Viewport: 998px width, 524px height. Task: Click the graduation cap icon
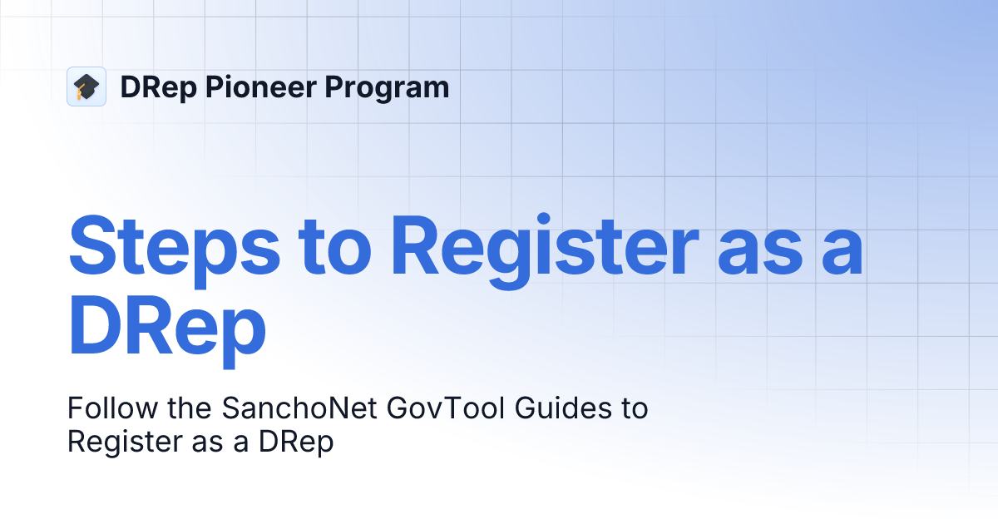[86, 87]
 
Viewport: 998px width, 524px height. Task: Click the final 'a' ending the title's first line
[842, 255]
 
